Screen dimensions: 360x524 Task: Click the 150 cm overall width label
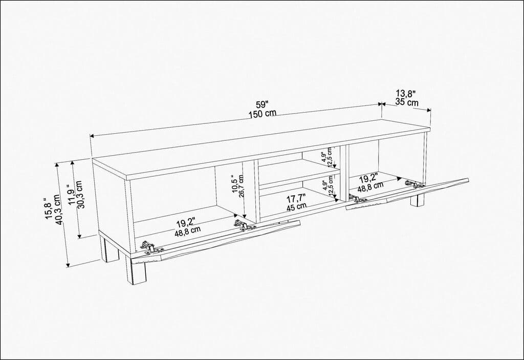tap(263, 114)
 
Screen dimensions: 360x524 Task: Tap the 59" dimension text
tap(262, 104)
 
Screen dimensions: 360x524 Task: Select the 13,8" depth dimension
tap(406, 93)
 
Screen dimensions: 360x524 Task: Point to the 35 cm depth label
tap(407, 102)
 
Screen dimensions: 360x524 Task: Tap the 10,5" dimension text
tap(234, 185)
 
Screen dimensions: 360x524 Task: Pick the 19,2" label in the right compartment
tap(368, 179)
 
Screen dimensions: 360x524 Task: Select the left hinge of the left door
tap(149, 247)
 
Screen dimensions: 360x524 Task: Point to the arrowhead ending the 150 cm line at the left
tap(92, 136)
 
